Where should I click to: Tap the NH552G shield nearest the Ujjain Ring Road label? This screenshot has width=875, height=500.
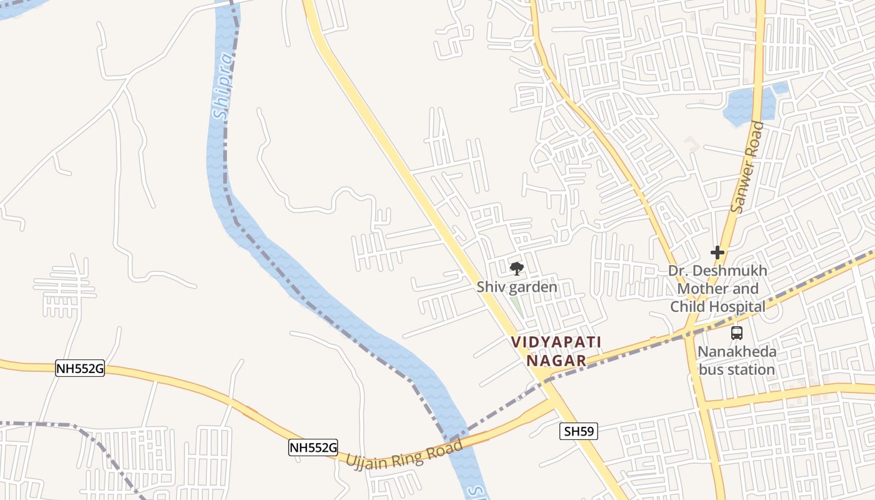coord(312,447)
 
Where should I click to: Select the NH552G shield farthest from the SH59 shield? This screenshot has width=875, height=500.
coord(79,368)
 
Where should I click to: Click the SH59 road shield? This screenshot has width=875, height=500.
coord(579,431)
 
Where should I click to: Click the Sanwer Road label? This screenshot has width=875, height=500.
coord(747,167)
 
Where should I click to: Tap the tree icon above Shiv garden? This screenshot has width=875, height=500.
coord(516,269)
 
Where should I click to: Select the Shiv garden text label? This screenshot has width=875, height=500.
coord(516,287)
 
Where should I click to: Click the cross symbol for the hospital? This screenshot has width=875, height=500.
coord(717,252)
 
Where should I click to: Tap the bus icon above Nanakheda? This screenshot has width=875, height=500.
coord(736,333)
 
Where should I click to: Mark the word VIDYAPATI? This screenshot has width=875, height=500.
coord(556,342)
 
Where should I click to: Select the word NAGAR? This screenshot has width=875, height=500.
coord(556,361)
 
